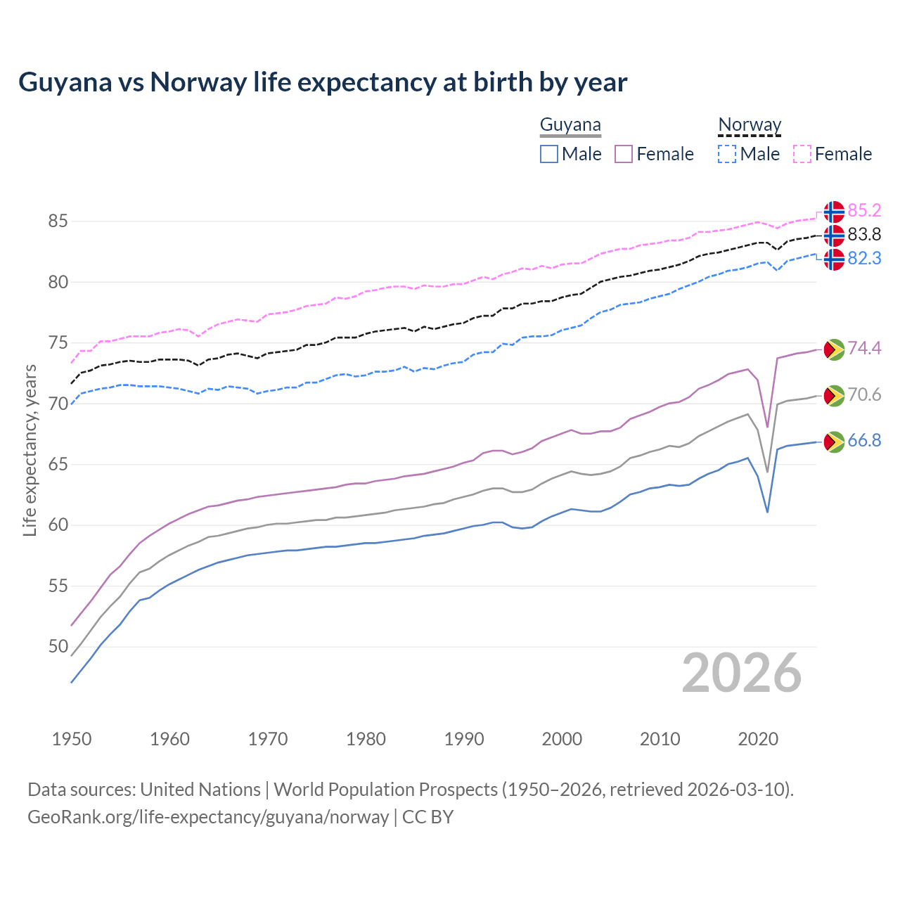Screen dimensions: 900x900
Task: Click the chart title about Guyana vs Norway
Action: pyautogui.click(x=323, y=82)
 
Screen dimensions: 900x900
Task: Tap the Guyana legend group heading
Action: pyautogui.click(x=570, y=125)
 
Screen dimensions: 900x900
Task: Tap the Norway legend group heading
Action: pyautogui.click(x=750, y=125)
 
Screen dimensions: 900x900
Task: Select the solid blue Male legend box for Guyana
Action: pyautogui.click(x=549, y=154)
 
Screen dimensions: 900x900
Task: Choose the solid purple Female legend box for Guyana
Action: pyautogui.click(x=624, y=154)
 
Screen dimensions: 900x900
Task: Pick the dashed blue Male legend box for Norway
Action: pyautogui.click(x=727, y=154)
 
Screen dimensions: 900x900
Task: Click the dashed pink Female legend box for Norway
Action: pyautogui.click(x=802, y=154)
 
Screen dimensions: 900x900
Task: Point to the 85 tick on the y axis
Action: pyautogui.click(x=58, y=221)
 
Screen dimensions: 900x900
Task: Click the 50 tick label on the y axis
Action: pyautogui.click(x=58, y=647)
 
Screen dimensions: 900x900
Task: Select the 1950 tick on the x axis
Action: pyautogui.click(x=72, y=739)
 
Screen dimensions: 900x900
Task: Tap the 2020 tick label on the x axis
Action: pyautogui.click(x=758, y=739)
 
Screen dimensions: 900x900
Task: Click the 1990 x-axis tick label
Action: pyautogui.click(x=464, y=739)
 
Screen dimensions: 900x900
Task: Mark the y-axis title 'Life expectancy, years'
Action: pyautogui.click(x=30, y=450)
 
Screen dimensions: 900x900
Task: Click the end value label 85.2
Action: pyautogui.click(x=864, y=211)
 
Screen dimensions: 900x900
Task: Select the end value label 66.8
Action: pyautogui.click(x=864, y=441)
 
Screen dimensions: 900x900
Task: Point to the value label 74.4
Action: pyautogui.click(x=864, y=349)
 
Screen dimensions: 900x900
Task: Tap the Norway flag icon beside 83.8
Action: pyautogui.click(x=834, y=235)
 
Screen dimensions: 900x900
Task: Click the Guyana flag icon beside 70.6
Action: pyautogui.click(x=834, y=396)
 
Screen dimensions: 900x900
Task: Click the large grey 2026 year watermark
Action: pyautogui.click(x=742, y=674)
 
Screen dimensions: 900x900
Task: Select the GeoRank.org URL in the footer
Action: pyautogui.click(x=208, y=817)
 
